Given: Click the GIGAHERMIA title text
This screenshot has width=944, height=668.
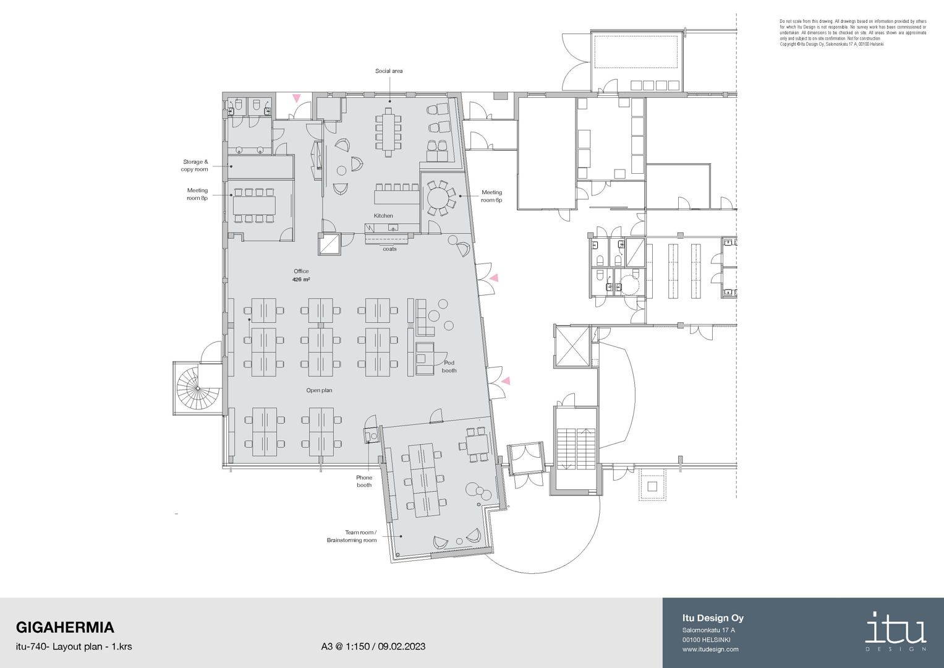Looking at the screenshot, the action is click(65, 628).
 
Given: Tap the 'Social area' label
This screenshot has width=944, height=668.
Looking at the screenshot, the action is click(389, 71).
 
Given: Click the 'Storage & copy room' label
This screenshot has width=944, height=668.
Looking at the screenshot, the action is click(195, 165).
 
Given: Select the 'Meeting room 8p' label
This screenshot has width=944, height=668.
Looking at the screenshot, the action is click(197, 194).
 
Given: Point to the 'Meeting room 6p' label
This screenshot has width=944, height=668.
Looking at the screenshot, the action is click(491, 196).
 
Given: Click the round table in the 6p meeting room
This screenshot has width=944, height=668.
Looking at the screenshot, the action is click(439, 197).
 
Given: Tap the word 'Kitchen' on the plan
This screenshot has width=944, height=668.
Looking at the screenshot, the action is click(383, 215).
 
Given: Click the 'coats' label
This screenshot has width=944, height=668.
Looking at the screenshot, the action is click(389, 249).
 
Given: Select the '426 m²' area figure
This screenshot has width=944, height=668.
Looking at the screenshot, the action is click(301, 279).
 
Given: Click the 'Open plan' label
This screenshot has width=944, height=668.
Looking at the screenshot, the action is click(319, 390).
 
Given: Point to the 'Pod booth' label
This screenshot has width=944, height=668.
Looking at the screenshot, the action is click(449, 366).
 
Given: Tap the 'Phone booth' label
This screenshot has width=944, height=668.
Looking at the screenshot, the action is click(364, 481).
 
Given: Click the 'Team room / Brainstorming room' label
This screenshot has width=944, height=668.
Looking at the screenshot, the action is click(352, 536).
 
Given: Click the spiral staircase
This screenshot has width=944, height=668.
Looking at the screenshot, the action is click(198, 388).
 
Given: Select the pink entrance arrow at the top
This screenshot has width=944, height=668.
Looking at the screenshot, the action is click(297, 98).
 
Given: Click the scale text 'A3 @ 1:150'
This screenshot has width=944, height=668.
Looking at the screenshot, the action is click(345, 646).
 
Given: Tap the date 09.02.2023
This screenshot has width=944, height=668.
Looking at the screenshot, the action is click(402, 646).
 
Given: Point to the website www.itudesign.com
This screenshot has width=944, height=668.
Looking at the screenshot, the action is click(710, 649).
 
